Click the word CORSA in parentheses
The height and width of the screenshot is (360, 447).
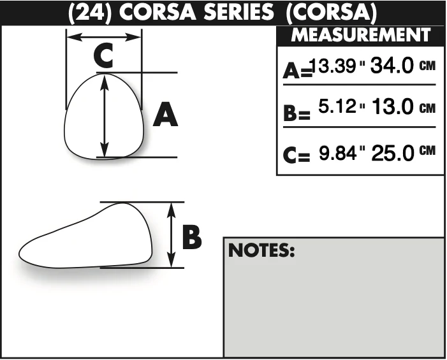tap(331, 13)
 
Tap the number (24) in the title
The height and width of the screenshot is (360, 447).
tap(90, 13)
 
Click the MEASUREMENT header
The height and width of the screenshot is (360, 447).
tap(361, 35)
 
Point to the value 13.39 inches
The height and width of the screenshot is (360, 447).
tap(332, 66)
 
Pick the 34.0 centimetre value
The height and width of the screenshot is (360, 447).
tap(392, 66)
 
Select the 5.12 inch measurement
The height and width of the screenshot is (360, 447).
tap(337, 106)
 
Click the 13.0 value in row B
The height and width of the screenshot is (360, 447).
tap(393, 106)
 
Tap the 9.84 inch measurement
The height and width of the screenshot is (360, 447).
tap(337, 153)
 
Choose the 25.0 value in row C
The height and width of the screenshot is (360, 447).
tap(393, 153)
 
